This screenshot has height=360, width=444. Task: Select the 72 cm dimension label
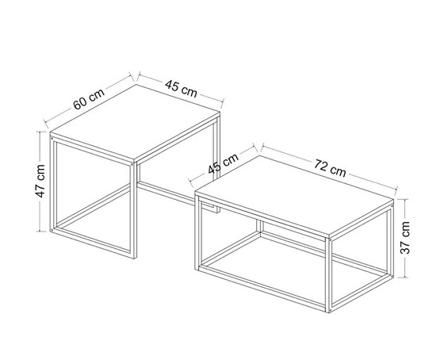click(329, 168)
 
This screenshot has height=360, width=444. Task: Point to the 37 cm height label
click(406, 236)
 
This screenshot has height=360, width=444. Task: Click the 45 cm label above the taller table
click(181, 88)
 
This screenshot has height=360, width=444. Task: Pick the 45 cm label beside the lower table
click(224, 167)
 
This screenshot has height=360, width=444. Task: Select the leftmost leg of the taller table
click(52, 186)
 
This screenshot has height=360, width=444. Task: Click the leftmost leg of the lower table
click(195, 230)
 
